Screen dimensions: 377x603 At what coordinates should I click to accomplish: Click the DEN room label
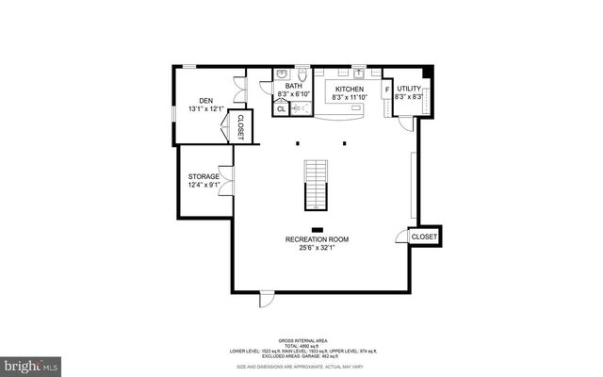point(205,100)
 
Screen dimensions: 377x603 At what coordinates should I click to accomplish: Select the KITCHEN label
point(349,87)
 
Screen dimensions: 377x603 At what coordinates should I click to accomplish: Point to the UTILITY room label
point(408,87)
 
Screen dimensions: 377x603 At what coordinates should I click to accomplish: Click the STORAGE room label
point(204,176)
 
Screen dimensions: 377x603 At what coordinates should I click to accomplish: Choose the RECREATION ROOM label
point(318,239)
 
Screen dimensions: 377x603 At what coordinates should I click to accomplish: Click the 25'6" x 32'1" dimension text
point(318,248)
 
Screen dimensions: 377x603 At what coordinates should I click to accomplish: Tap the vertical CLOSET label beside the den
point(240,127)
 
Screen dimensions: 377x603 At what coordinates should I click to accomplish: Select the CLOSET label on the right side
point(424,237)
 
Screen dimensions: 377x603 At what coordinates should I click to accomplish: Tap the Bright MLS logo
point(29,363)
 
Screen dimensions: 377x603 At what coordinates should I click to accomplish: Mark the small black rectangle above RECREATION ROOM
point(318,229)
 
